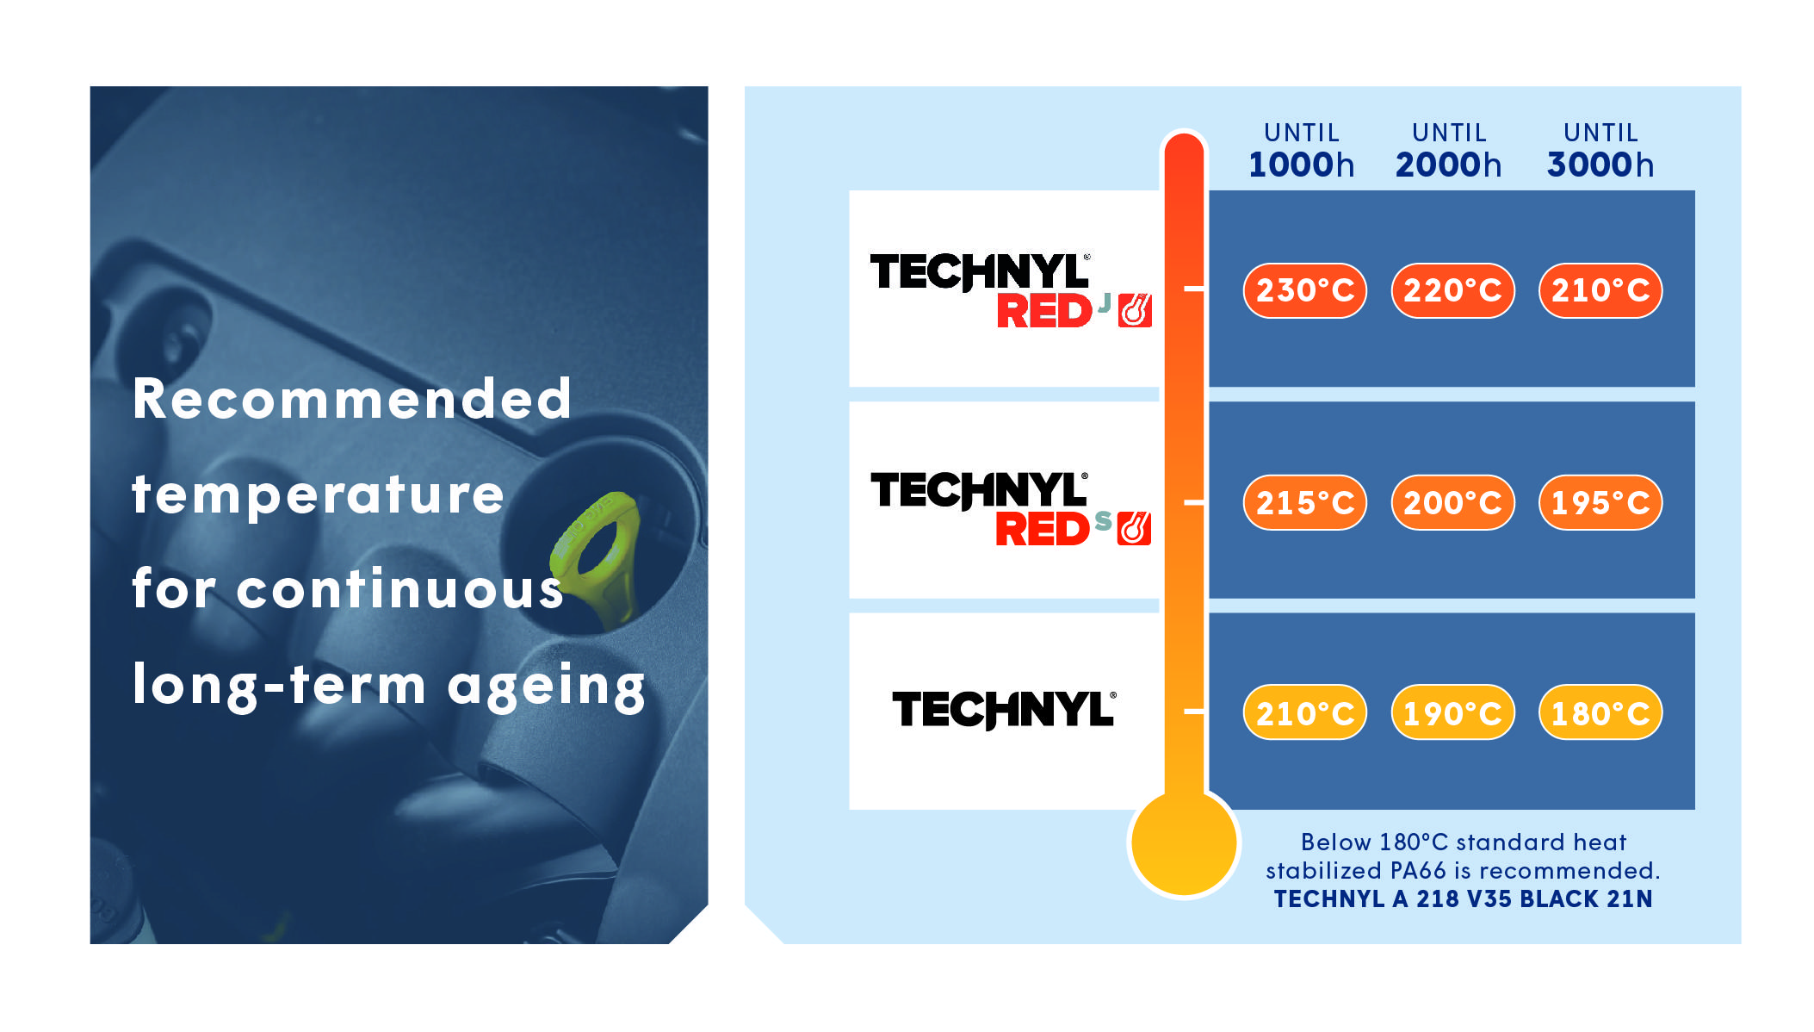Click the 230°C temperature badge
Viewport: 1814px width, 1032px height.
coord(1304,290)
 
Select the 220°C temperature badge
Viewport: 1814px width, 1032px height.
coord(1452,290)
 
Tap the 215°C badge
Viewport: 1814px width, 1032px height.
coord(1304,502)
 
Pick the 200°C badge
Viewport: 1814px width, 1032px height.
coord(1452,502)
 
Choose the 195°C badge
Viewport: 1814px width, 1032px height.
coord(1600,502)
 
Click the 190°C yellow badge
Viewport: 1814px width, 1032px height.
coord(1452,712)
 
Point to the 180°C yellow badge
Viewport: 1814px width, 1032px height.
coord(1600,712)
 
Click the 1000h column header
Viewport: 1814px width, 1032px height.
coord(1301,152)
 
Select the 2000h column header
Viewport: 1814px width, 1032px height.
coord(1449,152)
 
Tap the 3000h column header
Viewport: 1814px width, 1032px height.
coord(1600,152)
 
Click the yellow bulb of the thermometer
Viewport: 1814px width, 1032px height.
coord(1184,843)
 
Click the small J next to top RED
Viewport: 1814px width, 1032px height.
coord(1104,303)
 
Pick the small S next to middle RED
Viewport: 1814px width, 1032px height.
coord(1103,520)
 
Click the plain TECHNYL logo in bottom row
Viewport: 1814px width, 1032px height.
coord(1004,710)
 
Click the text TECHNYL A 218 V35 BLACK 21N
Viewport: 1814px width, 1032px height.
coord(1463,899)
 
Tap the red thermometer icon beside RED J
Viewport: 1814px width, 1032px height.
coord(1135,311)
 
